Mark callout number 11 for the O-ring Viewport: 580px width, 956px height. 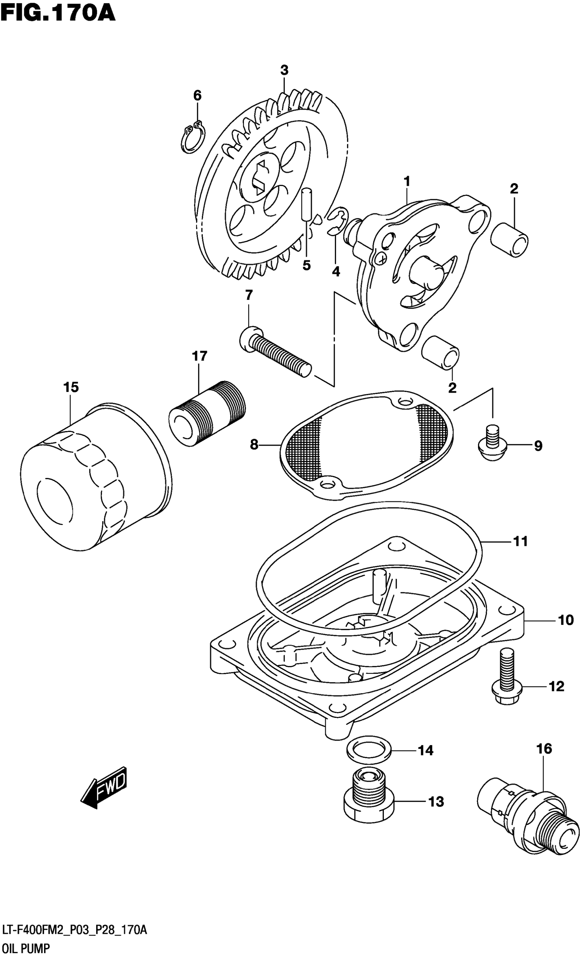click(x=521, y=541)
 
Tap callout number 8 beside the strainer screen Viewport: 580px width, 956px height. click(x=254, y=445)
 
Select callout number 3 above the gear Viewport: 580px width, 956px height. click(x=284, y=70)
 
